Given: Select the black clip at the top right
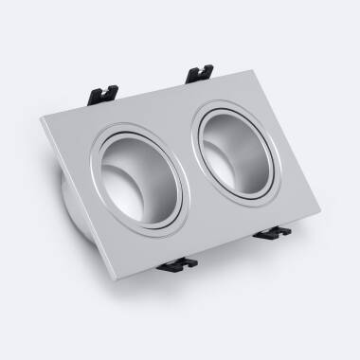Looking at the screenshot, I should click(x=200, y=72).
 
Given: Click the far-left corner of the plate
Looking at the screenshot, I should click(x=43, y=120).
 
